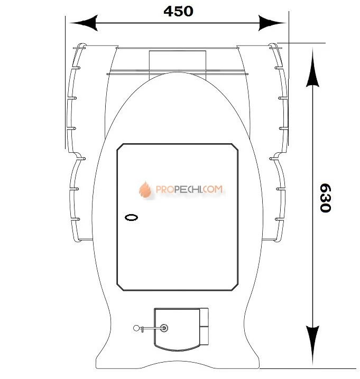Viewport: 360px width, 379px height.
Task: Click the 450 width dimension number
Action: click(179, 11)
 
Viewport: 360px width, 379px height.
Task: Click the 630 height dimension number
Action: click(325, 198)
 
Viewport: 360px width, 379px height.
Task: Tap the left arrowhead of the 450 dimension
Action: click(84, 23)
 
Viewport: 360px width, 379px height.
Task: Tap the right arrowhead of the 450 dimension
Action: click(272, 23)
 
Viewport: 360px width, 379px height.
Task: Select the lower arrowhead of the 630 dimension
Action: click(312, 345)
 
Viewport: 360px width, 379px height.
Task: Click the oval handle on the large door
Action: click(131, 217)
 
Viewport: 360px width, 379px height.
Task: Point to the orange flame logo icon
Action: click(145, 189)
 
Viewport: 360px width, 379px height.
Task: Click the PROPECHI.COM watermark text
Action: click(189, 189)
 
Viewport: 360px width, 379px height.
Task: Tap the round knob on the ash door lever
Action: click(136, 328)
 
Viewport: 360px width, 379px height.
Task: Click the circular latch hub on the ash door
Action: click(164, 328)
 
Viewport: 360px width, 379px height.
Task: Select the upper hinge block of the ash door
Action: click(204, 317)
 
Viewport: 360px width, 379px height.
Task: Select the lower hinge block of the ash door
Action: click(204, 336)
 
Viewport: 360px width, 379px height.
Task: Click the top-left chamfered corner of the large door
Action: click(120, 147)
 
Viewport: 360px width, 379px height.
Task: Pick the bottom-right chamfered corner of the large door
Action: click(235, 287)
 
